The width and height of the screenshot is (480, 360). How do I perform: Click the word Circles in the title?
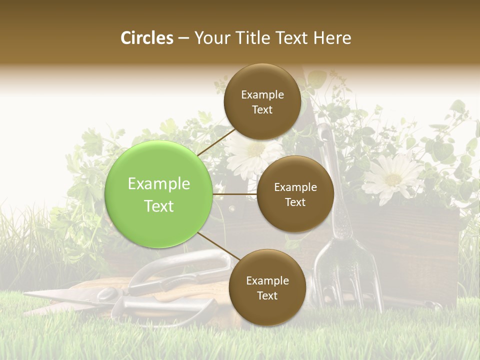click(147, 38)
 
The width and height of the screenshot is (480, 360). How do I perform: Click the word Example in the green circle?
click(159, 184)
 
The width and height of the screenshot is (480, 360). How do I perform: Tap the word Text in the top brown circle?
click(262, 110)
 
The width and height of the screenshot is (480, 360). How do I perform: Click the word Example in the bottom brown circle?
click(267, 281)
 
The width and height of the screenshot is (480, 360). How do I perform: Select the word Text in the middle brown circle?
click(295, 202)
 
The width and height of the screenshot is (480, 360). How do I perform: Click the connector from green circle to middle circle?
click(234, 194)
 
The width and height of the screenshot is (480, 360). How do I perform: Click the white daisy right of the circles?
click(393, 177)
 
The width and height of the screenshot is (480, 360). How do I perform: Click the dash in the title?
click(183, 38)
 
